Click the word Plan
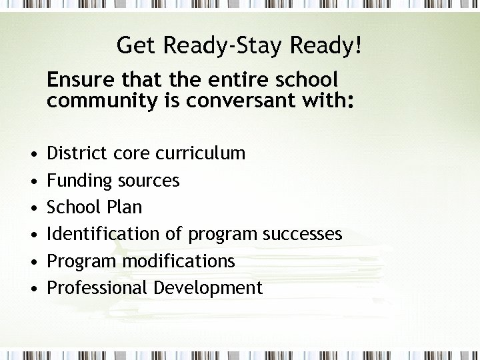[x=124, y=207]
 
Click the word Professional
[x=97, y=288]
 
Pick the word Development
[x=208, y=289]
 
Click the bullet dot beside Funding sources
[x=33, y=181]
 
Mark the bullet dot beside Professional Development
[x=33, y=289]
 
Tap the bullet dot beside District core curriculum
[x=33, y=154]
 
